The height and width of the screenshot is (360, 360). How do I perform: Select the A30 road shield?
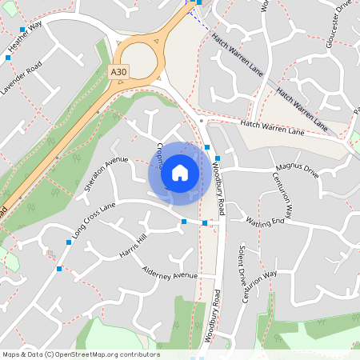pyautogui.click(x=118, y=72)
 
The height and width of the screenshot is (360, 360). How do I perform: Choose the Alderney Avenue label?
pyautogui.click(x=170, y=275)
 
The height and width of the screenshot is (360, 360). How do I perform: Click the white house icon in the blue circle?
pyautogui.click(x=180, y=172)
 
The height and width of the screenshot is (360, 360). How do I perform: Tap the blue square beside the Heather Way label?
pyautogui.click(x=22, y=30)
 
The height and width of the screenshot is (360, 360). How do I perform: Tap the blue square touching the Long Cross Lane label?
pyautogui.click(x=69, y=241)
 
